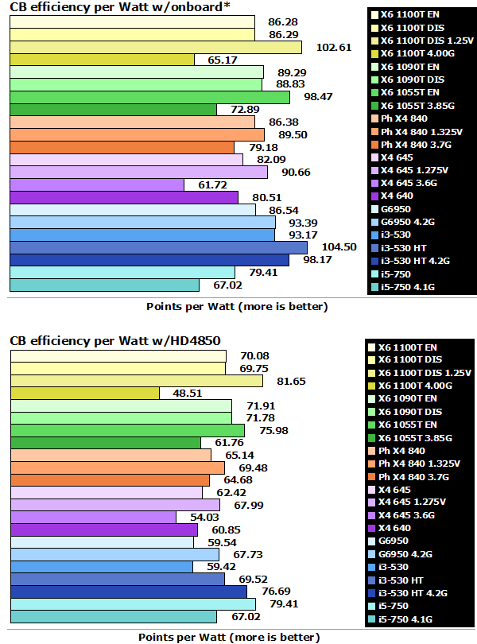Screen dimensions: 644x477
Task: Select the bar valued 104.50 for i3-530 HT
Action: point(158,247)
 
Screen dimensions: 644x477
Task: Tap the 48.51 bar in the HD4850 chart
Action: point(84,393)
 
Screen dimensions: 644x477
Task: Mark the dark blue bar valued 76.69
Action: point(128,592)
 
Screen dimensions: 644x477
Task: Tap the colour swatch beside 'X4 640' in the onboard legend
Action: point(373,196)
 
